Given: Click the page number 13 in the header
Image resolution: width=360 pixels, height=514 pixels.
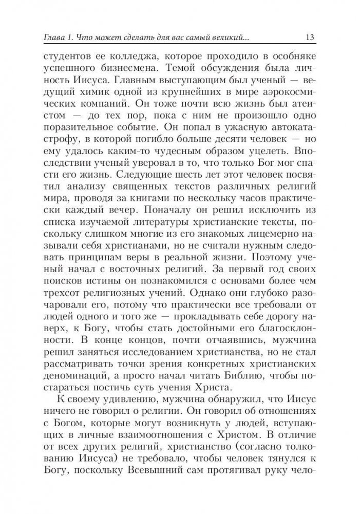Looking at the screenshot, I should coord(310,37).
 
